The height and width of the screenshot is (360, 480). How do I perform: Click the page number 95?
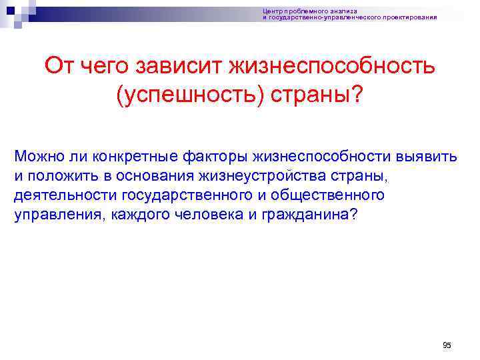pos(447,345)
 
